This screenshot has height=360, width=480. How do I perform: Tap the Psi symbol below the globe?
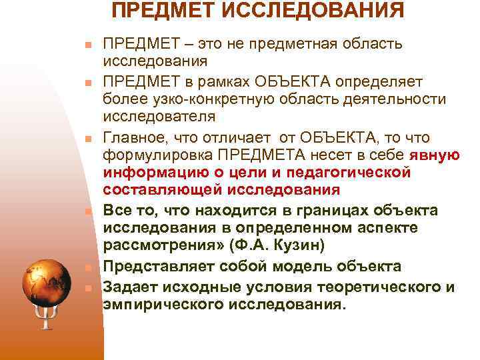(x=45, y=319)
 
